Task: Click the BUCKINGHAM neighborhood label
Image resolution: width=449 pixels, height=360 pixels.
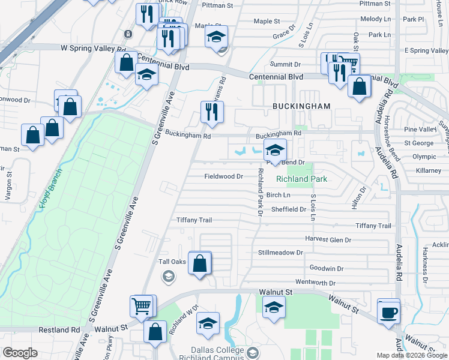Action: click(x=301, y=106)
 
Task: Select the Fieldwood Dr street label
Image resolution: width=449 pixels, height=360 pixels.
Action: click(x=223, y=176)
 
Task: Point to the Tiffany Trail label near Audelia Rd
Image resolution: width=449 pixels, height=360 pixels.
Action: click(x=373, y=226)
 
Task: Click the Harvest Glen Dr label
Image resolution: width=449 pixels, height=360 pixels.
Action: click(x=328, y=239)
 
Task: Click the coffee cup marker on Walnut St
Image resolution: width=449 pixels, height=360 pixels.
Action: click(x=388, y=312)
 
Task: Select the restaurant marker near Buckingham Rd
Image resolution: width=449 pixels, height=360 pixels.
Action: click(x=212, y=112)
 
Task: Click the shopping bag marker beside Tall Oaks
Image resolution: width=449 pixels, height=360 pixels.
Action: click(x=200, y=263)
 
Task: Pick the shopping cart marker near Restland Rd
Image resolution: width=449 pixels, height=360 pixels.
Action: click(x=142, y=306)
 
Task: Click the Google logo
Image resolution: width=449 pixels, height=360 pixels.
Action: click(x=20, y=353)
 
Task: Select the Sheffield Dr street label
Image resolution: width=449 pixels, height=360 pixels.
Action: click(x=289, y=209)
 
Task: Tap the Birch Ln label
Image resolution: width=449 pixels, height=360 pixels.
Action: click(x=278, y=195)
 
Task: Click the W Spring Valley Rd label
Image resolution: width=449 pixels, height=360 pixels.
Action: click(x=93, y=49)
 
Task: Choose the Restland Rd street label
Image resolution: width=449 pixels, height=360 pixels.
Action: click(x=59, y=330)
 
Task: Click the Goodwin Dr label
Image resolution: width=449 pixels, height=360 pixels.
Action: click(x=327, y=268)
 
